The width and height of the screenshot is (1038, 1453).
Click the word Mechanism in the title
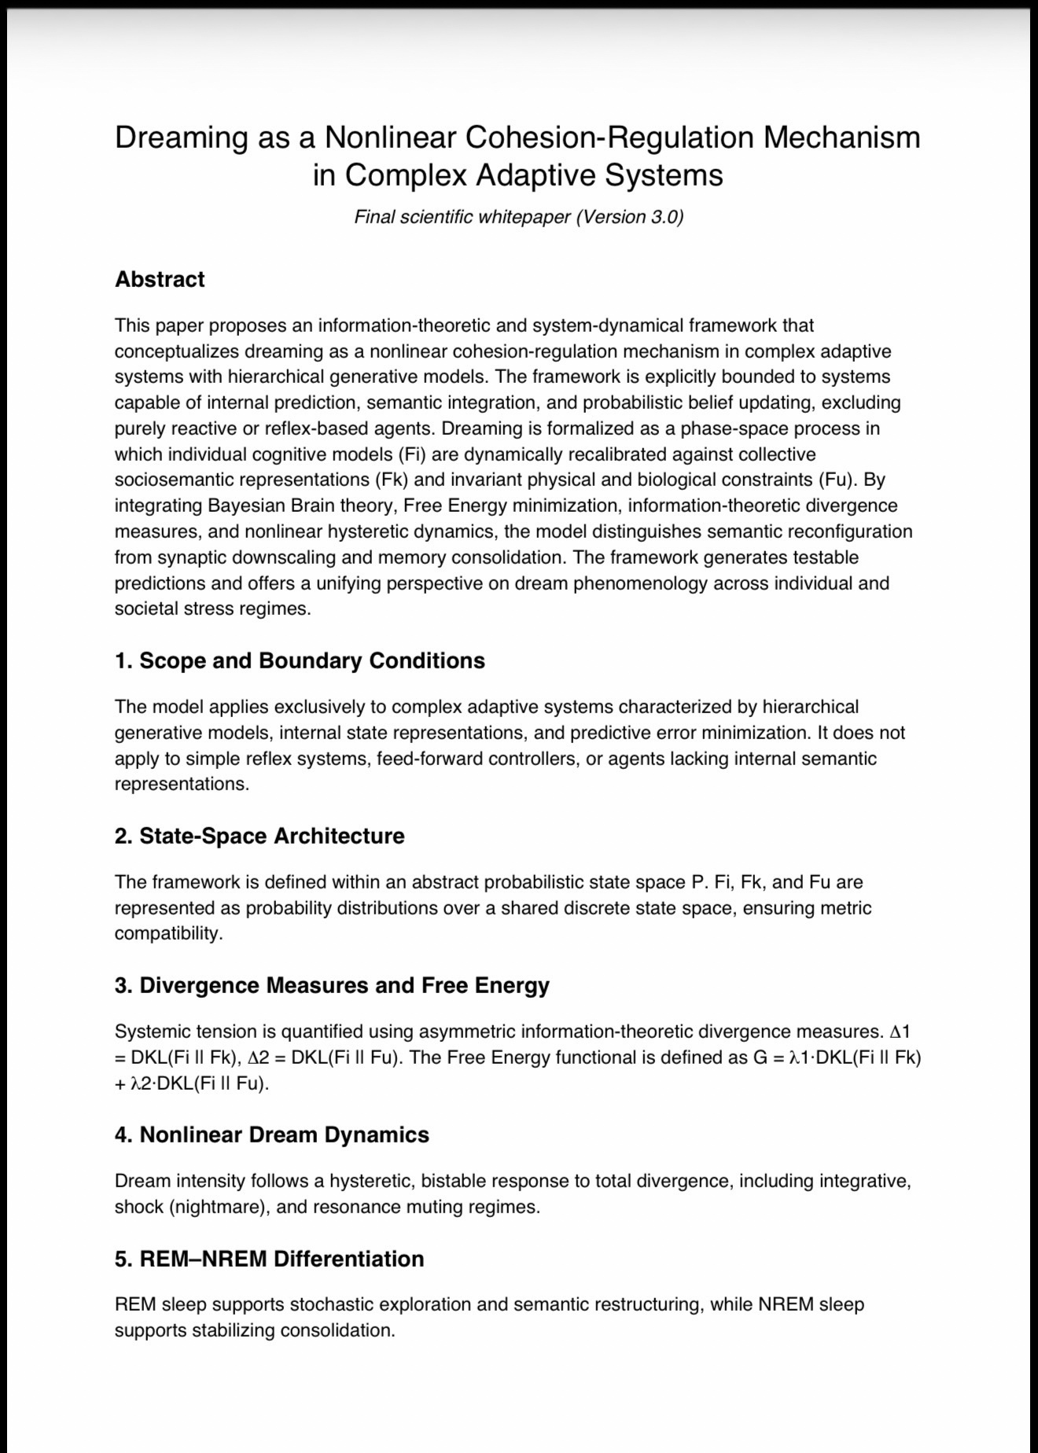pyautogui.click(x=841, y=138)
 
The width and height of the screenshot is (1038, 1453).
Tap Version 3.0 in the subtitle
pyautogui.click(x=628, y=217)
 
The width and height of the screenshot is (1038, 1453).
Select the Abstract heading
pyautogui.click(x=160, y=279)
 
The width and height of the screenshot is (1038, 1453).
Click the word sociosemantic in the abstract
pyautogui.click(x=172, y=480)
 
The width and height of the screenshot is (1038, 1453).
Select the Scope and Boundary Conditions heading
pyautogui.click(x=300, y=660)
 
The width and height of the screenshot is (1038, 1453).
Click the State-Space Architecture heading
pyautogui.click(x=259, y=836)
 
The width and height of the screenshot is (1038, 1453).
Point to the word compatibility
pyautogui.click(x=168, y=933)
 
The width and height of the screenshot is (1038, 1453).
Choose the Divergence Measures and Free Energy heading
pyautogui.click(x=332, y=985)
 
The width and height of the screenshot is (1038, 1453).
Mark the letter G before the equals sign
pyautogui.click(x=760, y=1058)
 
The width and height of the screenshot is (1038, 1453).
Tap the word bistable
pyautogui.click(x=453, y=1181)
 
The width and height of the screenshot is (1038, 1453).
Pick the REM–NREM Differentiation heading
pyautogui.click(x=269, y=1259)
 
